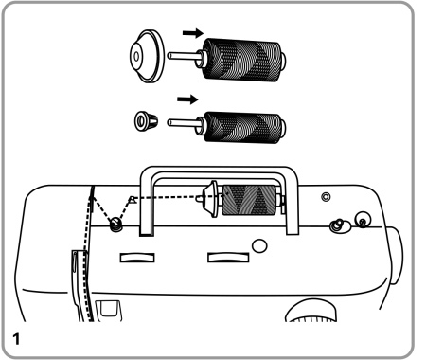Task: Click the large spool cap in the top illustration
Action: tap(147, 56)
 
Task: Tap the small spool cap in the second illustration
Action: tap(146, 121)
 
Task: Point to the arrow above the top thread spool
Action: tap(193, 33)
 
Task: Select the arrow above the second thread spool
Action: tap(187, 99)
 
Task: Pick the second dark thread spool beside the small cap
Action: tap(242, 127)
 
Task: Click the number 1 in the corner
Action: tap(16, 339)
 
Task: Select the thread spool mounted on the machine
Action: tap(249, 200)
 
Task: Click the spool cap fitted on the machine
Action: tap(210, 199)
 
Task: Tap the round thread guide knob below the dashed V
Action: tap(115, 225)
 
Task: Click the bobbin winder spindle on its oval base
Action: tap(340, 225)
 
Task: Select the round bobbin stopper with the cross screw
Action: tap(363, 219)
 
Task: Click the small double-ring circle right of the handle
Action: tap(326, 197)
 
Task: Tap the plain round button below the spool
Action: tap(259, 245)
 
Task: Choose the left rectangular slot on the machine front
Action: tap(137, 258)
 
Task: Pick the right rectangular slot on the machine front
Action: tap(228, 257)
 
